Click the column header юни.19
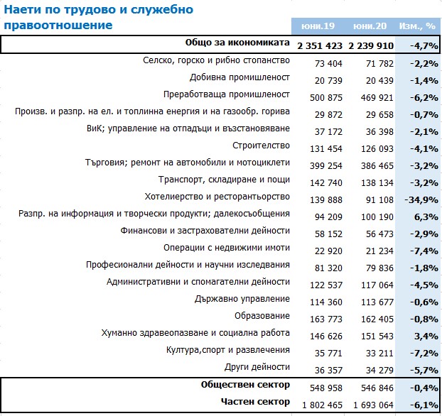[x=318, y=26]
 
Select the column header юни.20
[x=370, y=26]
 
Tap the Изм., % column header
[x=417, y=26]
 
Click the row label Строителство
[x=261, y=146]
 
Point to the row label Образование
[x=262, y=316]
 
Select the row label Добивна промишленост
[x=239, y=77]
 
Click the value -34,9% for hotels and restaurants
[x=421, y=200]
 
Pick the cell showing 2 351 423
[x=320, y=45]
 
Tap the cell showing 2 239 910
[x=371, y=45]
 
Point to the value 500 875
[x=326, y=98]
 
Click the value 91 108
[x=379, y=200]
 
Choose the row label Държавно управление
[x=242, y=299]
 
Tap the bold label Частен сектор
[x=255, y=402]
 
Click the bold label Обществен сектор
[x=245, y=385]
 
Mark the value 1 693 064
[x=373, y=405]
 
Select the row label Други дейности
[x=257, y=367]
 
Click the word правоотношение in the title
[x=58, y=26]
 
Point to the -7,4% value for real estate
[x=424, y=251]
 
